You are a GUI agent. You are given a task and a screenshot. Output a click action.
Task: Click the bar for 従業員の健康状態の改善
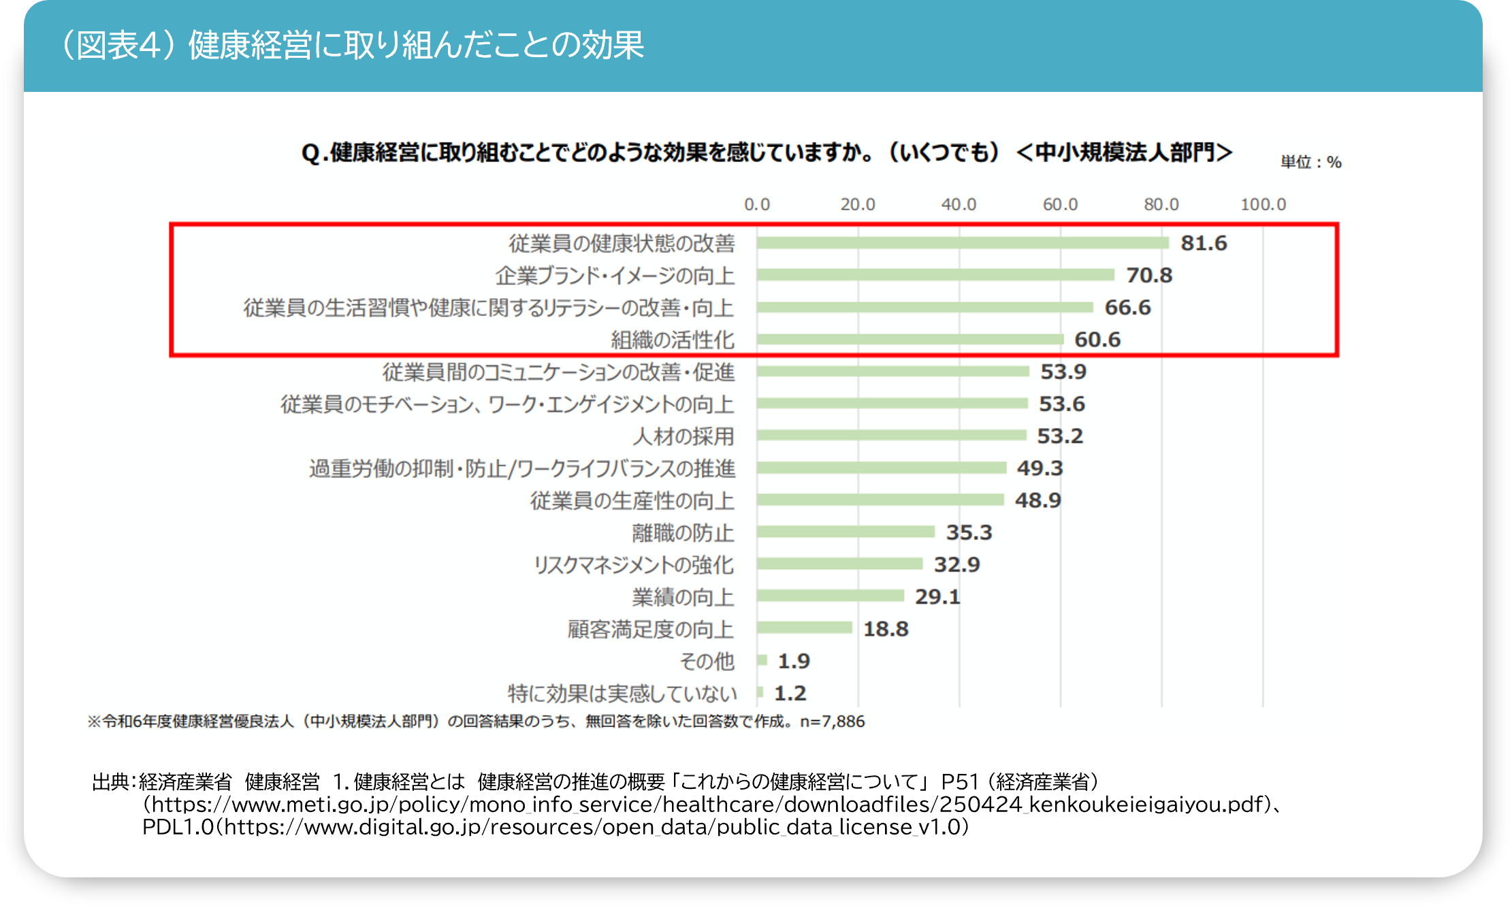point(963,243)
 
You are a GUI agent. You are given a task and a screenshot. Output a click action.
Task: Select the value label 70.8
point(1149,275)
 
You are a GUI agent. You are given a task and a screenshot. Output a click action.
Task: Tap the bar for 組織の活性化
point(910,339)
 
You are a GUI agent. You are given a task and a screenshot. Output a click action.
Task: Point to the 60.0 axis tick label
point(1060,204)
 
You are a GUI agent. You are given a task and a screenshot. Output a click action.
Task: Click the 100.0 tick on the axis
point(1263,204)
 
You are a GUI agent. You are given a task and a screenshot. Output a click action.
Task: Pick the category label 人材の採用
point(683,436)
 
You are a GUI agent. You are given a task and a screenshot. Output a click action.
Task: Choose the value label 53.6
point(1061,404)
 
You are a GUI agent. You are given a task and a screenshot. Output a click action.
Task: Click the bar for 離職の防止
point(846,532)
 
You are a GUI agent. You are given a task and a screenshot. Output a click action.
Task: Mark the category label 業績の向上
point(683,597)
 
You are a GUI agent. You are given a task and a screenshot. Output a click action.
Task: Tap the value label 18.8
point(886,629)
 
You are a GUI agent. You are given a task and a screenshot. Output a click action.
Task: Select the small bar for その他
point(762,660)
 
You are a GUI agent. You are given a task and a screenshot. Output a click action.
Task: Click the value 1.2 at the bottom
point(790,693)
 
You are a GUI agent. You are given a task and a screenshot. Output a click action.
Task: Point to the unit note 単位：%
point(1310,162)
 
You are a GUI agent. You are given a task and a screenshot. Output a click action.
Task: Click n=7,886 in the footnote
point(832,721)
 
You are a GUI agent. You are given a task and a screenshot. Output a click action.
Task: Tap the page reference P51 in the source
point(959,781)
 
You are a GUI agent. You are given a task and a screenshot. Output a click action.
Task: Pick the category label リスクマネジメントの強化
point(633,565)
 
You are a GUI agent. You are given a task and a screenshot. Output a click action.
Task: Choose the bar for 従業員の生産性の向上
point(880,500)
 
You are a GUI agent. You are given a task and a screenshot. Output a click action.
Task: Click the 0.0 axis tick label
point(756,204)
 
